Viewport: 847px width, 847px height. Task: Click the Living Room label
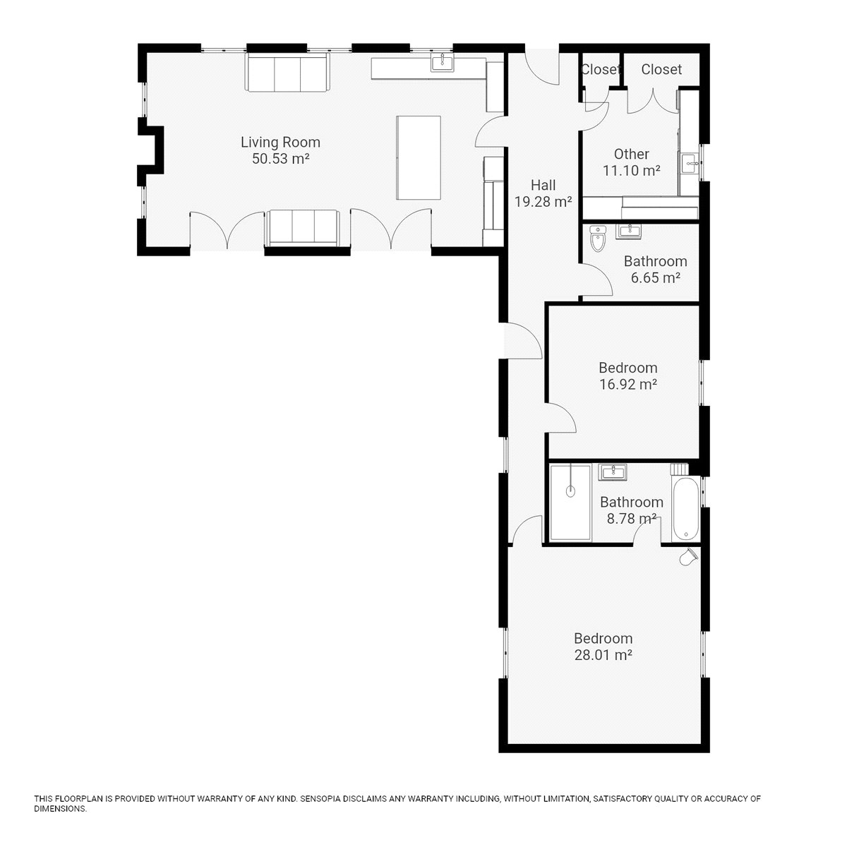[x=280, y=143]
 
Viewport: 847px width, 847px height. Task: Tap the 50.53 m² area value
[x=280, y=159]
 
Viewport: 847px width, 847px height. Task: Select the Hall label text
[x=543, y=185]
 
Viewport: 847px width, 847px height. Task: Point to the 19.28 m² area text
[x=543, y=202]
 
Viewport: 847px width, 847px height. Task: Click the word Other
[x=631, y=155]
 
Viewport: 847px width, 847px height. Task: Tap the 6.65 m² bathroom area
[x=655, y=278]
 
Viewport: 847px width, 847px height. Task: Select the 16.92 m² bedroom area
[x=628, y=385]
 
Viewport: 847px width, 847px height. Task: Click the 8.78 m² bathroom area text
[x=632, y=519]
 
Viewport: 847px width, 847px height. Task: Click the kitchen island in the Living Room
[x=419, y=158]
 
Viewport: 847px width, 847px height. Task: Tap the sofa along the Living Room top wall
[x=287, y=73]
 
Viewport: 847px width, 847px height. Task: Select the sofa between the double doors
[x=302, y=228]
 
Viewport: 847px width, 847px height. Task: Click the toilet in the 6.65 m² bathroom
[x=598, y=239]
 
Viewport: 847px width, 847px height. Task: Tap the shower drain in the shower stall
[x=570, y=491]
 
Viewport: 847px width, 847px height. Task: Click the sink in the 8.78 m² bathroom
[x=612, y=472]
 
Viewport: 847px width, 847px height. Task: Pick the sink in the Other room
[x=690, y=163]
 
